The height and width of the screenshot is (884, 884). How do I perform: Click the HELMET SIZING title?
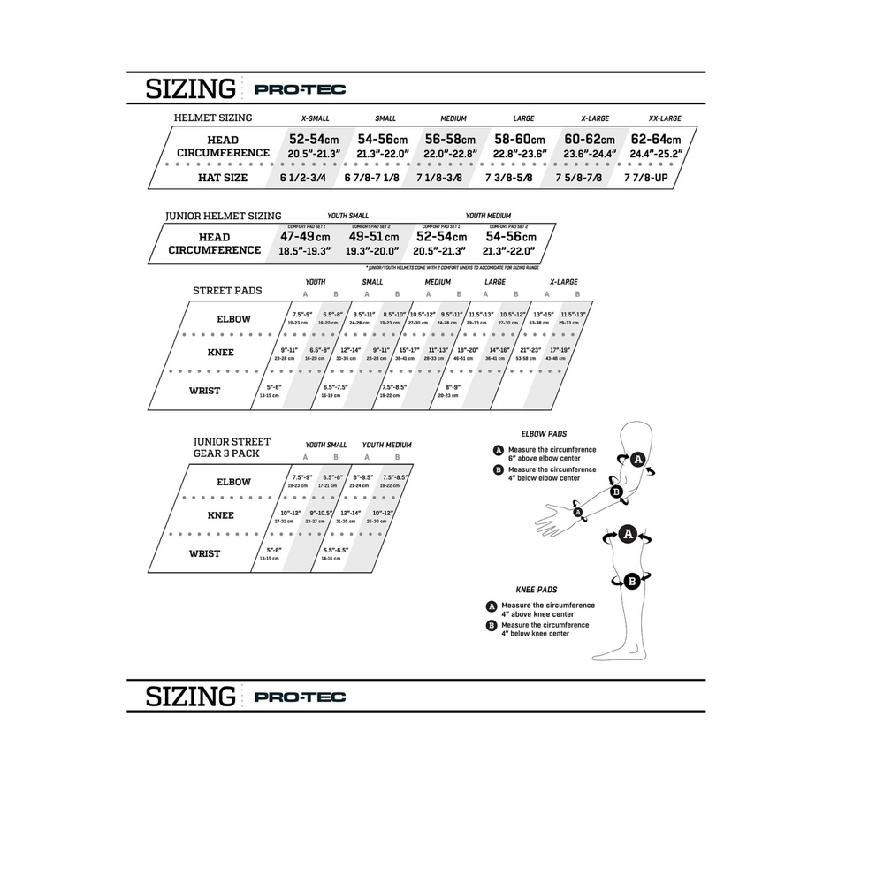point(213,118)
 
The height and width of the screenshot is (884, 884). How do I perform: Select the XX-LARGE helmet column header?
point(665,118)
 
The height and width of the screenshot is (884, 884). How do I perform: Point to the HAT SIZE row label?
point(223,178)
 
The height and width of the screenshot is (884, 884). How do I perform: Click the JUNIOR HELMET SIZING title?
point(224,216)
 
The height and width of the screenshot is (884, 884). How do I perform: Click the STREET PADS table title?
point(227,290)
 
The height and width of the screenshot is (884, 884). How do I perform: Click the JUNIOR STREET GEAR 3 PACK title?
point(232,447)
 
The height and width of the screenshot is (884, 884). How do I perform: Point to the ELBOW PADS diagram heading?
point(544,434)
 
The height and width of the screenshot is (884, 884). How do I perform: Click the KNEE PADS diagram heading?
point(537,589)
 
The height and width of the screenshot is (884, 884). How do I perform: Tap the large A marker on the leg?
point(628,534)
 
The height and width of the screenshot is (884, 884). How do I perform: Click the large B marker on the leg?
point(632,581)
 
